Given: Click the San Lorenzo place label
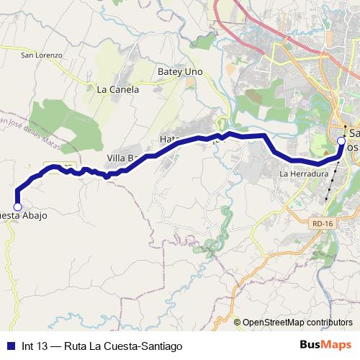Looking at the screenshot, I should click(42, 55).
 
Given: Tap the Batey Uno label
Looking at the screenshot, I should click(180, 72).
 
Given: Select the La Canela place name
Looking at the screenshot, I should click(117, 90).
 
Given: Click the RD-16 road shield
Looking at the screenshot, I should click(322, 224).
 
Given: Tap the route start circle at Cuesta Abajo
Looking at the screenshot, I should click(17, 207).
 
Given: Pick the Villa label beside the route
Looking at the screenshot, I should click(121, 158).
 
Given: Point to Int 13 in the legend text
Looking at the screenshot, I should click(35, 346).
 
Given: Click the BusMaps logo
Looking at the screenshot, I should click(325, 346).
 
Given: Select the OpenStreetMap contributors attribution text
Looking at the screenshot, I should click(297, 322).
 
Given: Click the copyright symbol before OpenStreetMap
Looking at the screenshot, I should click(238, 322).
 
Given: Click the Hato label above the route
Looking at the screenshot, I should click(168, 138).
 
